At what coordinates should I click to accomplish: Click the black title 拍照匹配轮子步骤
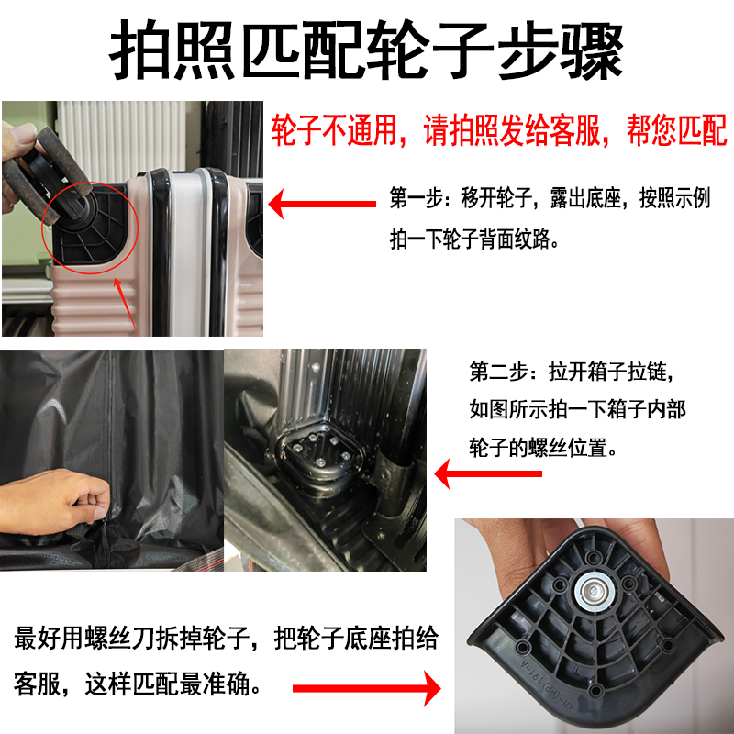click(367, 50)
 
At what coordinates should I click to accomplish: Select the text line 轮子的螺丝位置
click(545, 450)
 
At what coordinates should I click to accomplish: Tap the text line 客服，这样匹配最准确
click(138, 684)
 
